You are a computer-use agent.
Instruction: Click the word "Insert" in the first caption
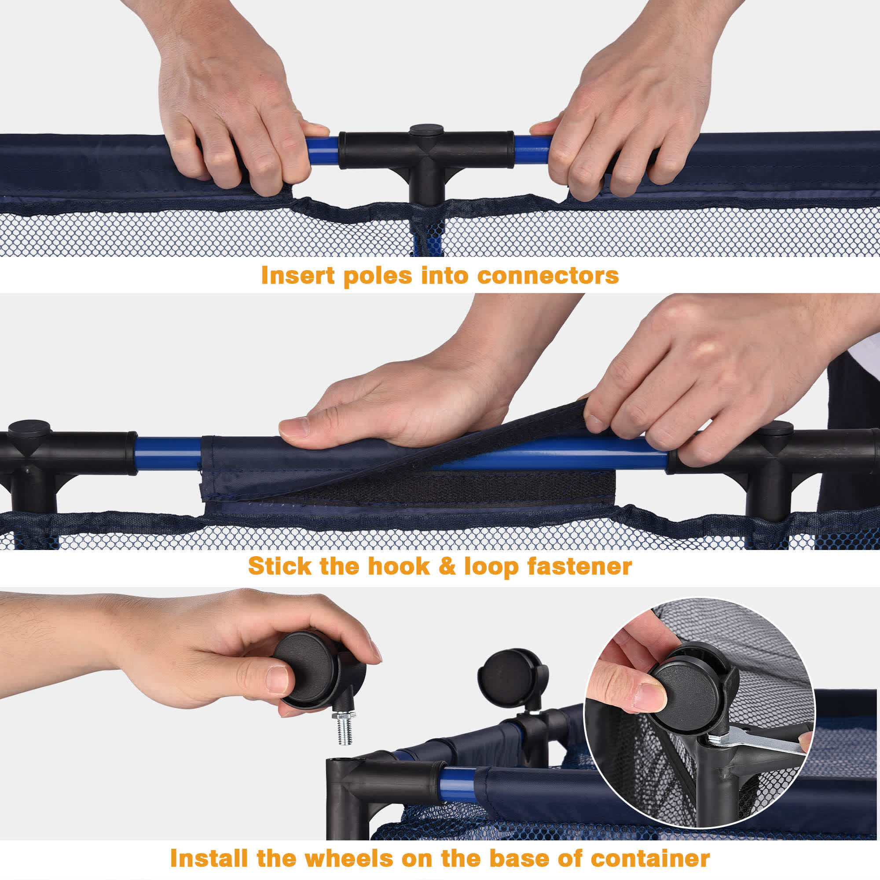tap(298, 275)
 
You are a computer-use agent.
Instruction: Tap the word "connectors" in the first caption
tap(548, 276)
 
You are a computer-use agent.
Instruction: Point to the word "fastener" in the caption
tap(579, 566)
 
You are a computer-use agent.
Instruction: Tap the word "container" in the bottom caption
tap(650, 858)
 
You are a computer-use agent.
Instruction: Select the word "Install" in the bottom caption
tap(209, 858)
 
